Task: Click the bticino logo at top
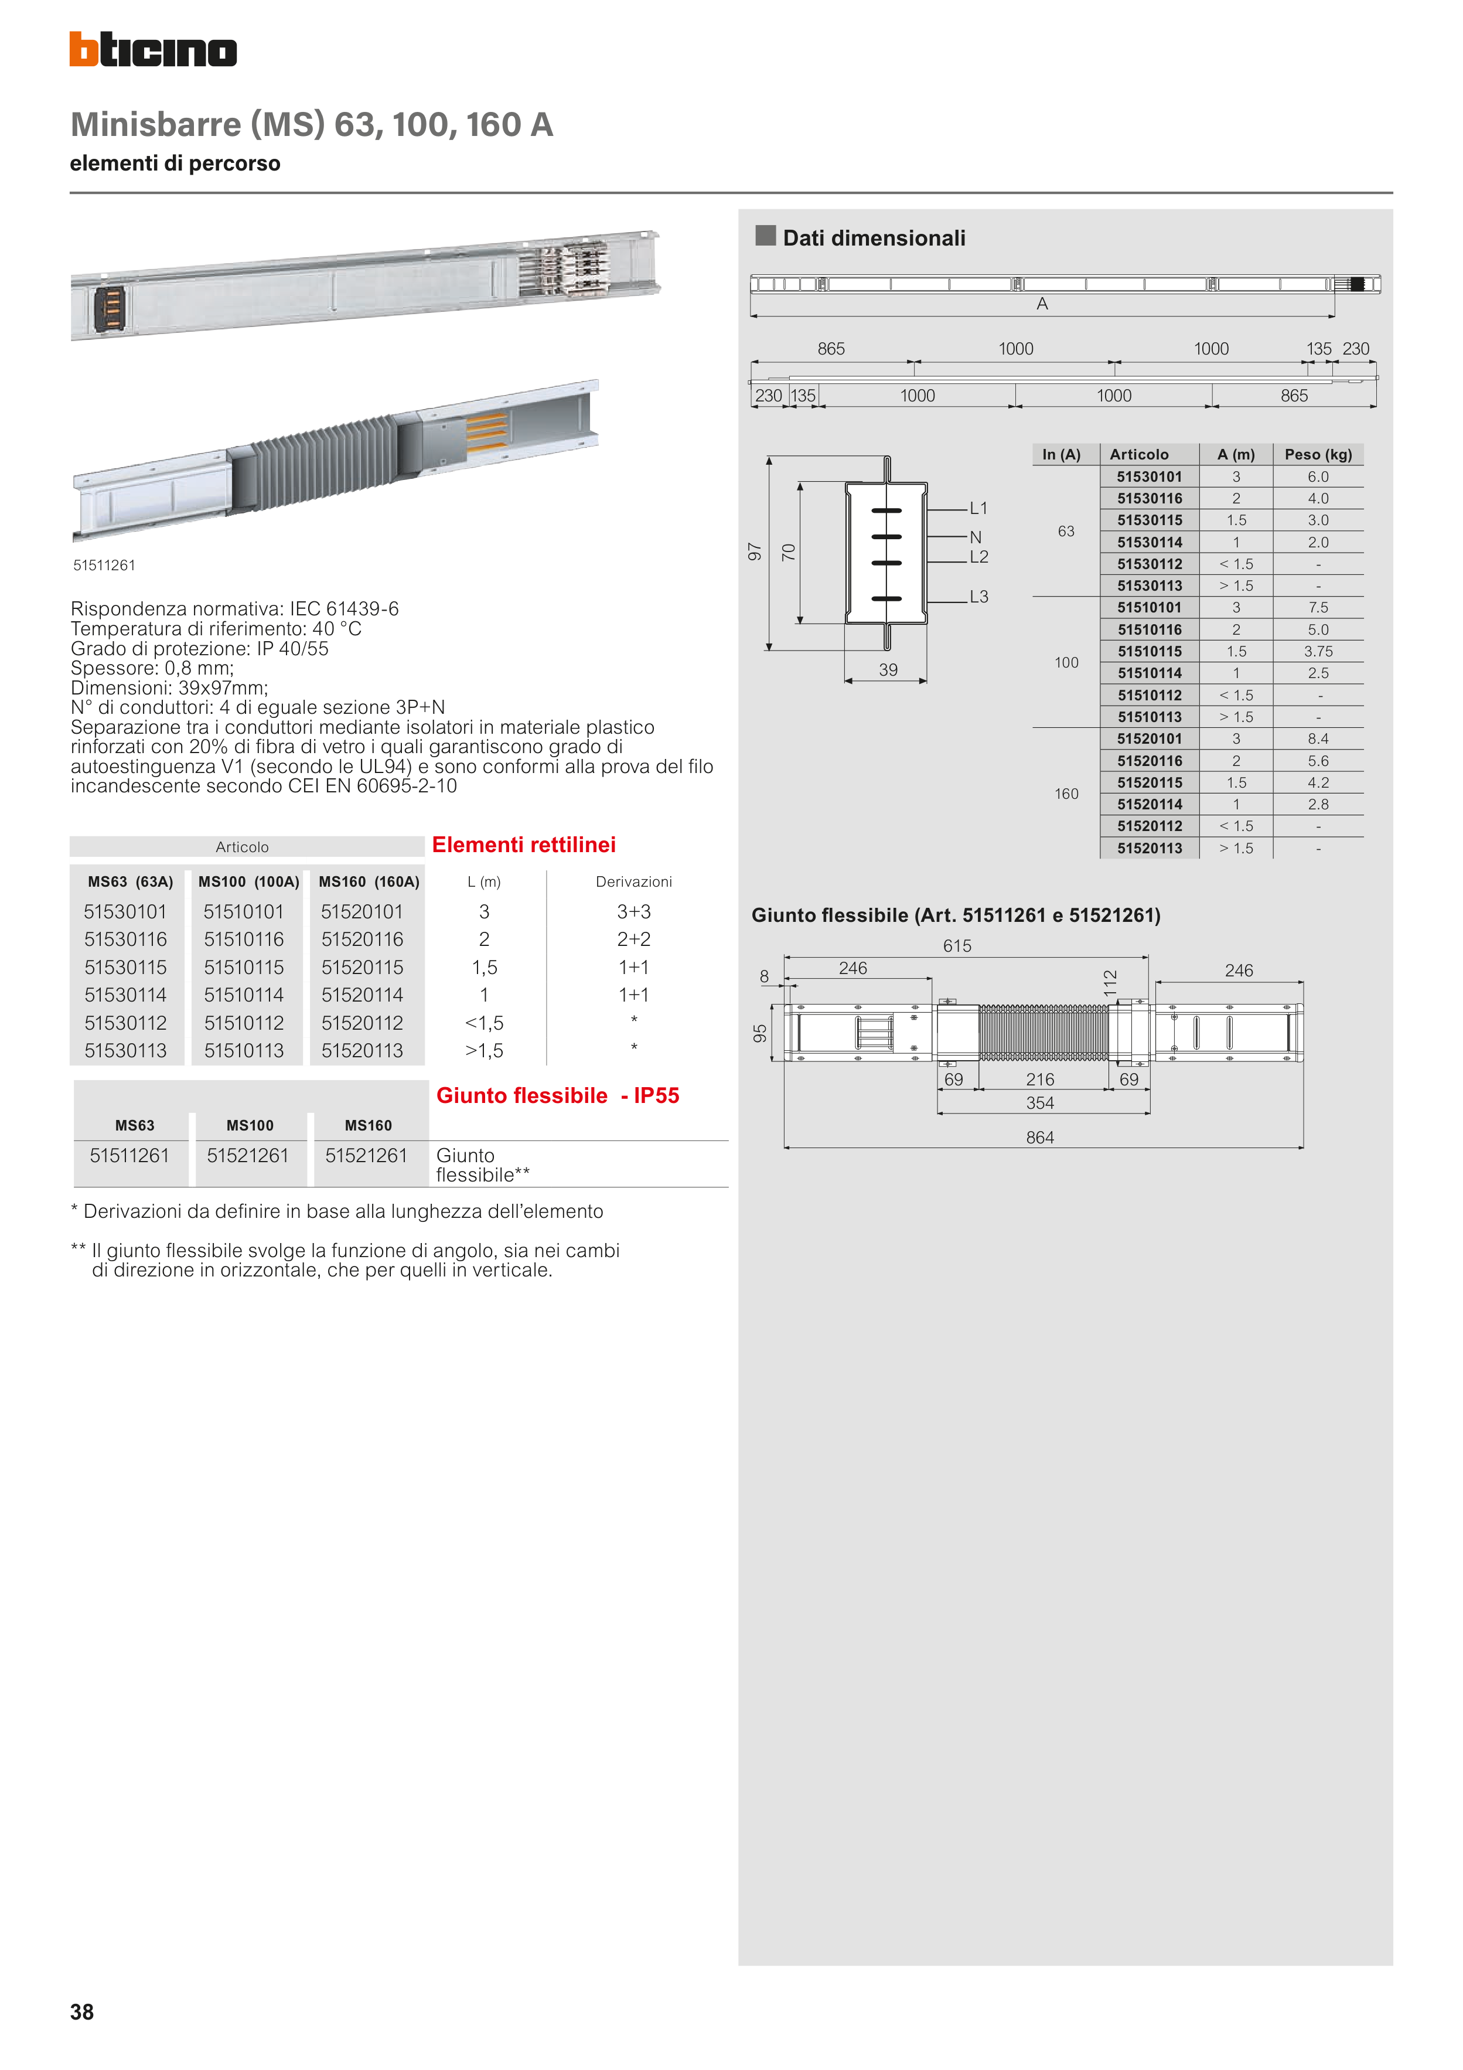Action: [x=154, y=50]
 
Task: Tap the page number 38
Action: [x=82, y=2011]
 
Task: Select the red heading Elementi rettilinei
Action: [x=524, y=845]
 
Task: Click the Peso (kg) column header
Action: [x=1318, y=454]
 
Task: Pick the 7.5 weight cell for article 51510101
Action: [x=1318, y=608]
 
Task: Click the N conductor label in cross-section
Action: [x=976, y=537]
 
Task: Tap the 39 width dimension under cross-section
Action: [x=888, y=670]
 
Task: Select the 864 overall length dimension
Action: [x=1039, y=1138]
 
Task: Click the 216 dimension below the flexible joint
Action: [x=1039, y=1079]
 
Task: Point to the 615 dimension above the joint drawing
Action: [x=957, y=946]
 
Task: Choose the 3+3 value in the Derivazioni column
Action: [x=634, y=911]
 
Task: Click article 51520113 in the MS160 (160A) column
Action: [x=362, y=1050]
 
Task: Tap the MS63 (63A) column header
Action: [x=130, y=881]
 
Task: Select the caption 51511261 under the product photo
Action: [x=104, y=566]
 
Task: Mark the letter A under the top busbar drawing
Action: [x=1042, y=304]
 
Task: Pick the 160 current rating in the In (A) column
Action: [x=1066, y=794]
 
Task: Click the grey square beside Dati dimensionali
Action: [x=765, y=236]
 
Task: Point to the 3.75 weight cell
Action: [x=1318, y=651]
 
